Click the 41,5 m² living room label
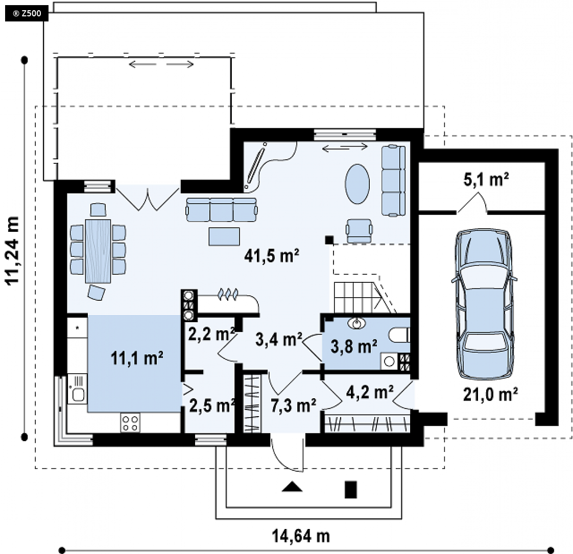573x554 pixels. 272,255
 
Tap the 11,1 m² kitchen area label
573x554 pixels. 137,358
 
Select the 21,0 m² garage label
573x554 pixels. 490,394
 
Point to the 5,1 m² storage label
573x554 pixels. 486,179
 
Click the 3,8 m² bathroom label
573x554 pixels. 354,346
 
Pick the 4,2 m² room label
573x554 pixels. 370,392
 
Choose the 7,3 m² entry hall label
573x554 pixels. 294,405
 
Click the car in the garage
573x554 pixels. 484,304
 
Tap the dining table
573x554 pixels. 98,251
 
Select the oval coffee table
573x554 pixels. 357,184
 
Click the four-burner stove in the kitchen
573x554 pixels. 130,423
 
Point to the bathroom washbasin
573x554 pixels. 356,323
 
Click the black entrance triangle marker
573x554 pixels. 292,487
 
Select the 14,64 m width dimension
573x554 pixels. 301,536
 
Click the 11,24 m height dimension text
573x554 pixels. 12,250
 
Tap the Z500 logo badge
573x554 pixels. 27,14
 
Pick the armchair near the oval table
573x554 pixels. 359,231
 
